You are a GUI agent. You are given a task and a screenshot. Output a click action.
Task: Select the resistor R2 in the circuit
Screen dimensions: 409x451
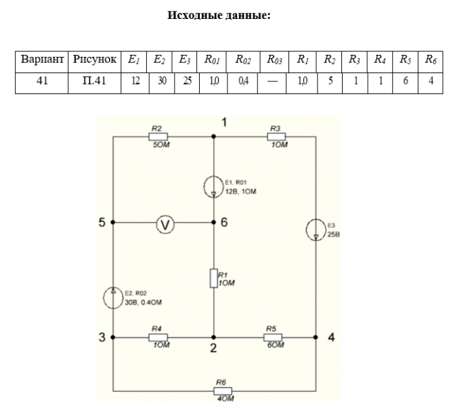tap(158, 136)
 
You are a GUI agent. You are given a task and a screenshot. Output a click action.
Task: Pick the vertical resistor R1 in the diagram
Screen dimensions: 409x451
tap(214, 277)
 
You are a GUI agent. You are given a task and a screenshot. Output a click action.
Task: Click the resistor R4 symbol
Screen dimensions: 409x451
tap(158, 337)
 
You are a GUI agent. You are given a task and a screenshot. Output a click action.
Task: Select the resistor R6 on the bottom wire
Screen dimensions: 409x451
tap(221, 391)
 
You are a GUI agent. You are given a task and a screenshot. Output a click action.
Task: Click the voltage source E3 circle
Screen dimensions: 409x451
tap(316, 230)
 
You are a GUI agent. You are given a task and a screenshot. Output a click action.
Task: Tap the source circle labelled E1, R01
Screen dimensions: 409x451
tap(214, 185)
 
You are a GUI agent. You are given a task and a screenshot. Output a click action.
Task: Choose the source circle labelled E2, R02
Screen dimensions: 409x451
tap(113, 297)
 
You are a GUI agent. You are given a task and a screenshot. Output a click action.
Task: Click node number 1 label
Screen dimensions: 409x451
tap(225, 122)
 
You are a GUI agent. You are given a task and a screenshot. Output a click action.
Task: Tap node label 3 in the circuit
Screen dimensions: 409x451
tap(102, 337)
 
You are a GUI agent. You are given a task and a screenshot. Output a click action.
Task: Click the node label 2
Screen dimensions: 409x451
tap(213, 349)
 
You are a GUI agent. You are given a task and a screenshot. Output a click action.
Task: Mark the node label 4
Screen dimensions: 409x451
tap(330, 337)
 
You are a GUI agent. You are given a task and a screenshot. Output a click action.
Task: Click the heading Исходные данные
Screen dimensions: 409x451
tap(219, 14)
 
